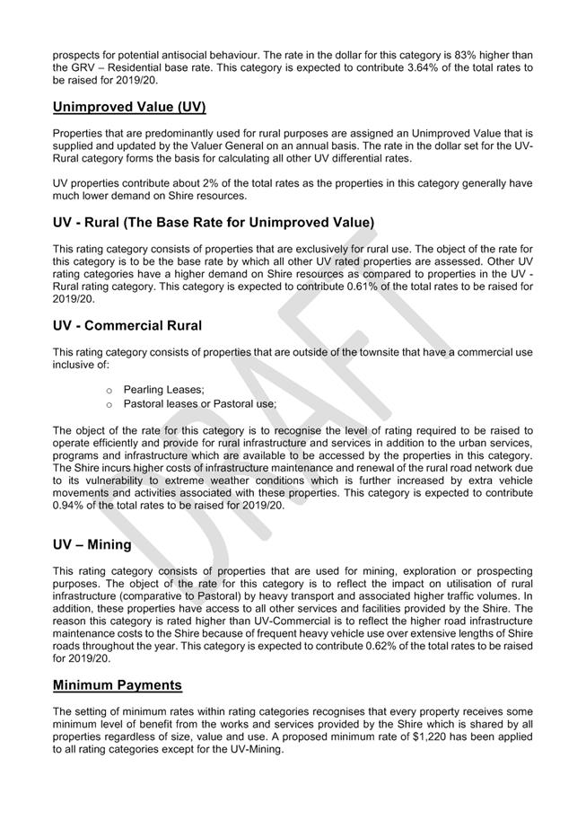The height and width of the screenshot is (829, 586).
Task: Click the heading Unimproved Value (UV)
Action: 129,108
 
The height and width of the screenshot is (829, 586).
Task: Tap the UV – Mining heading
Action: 92,544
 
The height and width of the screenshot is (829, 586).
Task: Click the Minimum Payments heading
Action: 118,685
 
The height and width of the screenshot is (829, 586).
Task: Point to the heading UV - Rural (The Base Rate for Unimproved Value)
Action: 214,222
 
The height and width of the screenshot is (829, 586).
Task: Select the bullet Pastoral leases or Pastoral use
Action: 200,404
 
